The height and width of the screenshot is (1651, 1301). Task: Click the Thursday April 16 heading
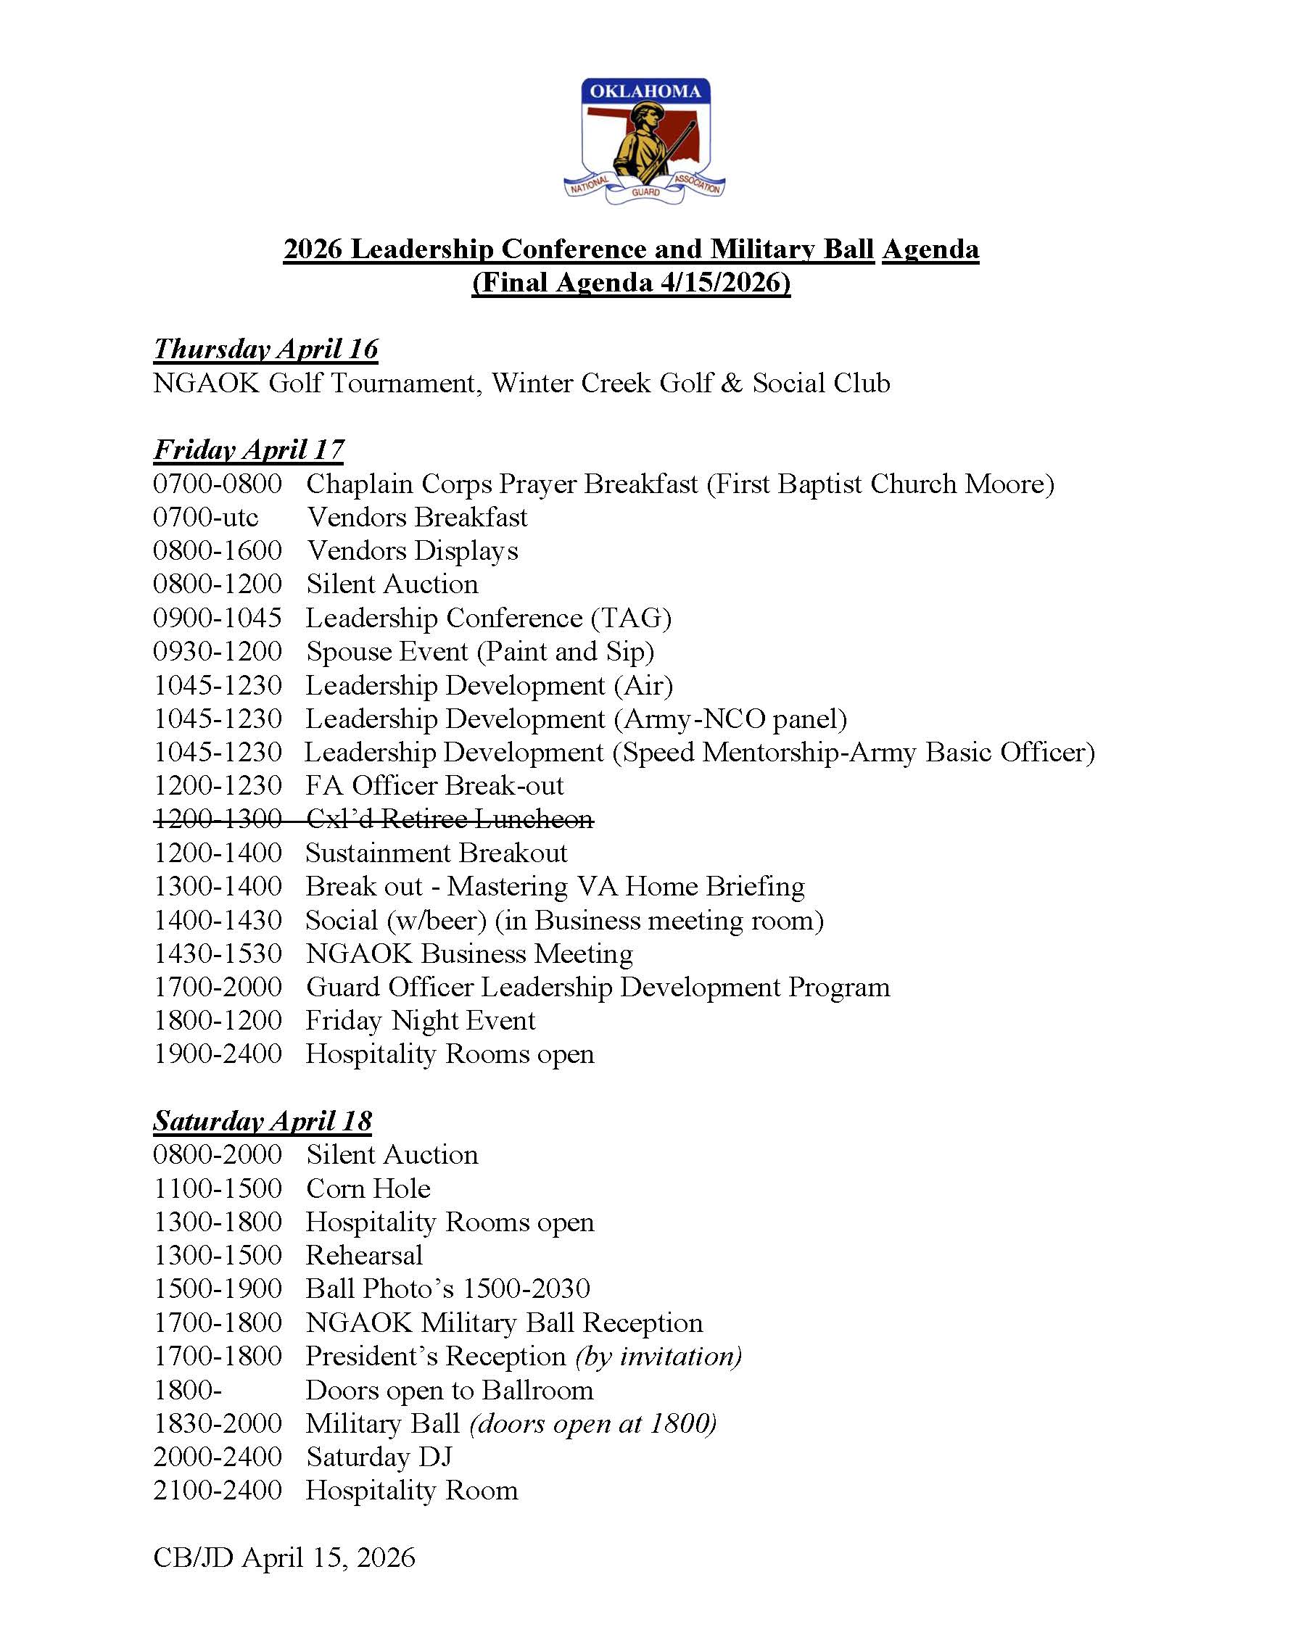click(x=265, y=349)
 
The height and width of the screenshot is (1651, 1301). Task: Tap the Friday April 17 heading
click(x=248, y=450)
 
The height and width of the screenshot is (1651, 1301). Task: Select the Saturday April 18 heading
click(x=262, y=1121)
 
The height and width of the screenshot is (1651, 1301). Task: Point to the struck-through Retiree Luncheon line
click(x=373, y=819)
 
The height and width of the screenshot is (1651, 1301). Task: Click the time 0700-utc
click(x=206, y=517)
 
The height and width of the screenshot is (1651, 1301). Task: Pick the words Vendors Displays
click(x=412, y=550)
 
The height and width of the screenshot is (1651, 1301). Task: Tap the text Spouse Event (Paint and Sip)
click(x=480, y=651)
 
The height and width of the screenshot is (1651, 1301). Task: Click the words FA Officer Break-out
click(x=434, y=785)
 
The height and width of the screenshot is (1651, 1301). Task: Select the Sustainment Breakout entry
click(x=437, y=853)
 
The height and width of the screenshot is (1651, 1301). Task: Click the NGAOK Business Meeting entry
click(x=469, y=953)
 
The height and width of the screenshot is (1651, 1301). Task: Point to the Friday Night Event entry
click(x=421, y=1020)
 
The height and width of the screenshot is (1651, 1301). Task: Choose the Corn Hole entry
click(x=368, y=1188)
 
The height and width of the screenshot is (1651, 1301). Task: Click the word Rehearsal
click(x=364, y=1256)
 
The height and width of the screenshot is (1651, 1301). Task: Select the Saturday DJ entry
click(x=379, y=1457)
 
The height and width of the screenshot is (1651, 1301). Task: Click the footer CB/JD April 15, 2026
click(x=284, y=1557)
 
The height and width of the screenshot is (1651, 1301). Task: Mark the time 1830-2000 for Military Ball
click(x=218, y=1423)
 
